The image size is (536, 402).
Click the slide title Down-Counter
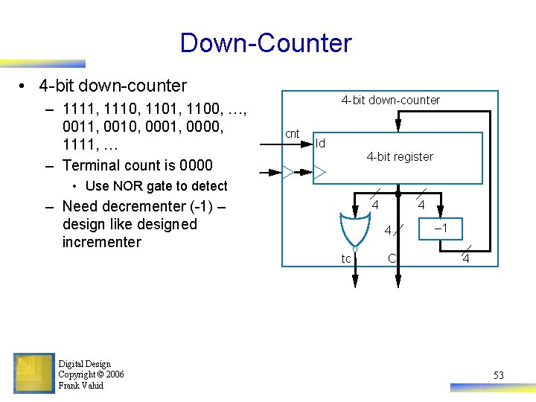coord(265,42)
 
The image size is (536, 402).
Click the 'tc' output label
coord(346,259)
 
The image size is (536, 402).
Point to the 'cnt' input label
coord(293,134)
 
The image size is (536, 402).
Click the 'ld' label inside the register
coord(321,143)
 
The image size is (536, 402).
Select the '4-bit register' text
coord(399,156)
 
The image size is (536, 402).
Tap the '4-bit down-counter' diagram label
coord(390,100)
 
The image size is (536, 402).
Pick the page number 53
coord(498,375)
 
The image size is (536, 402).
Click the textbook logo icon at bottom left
coord(33,372)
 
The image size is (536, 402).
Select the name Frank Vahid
coord(80,386)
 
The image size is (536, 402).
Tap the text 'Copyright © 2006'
coord(91,374)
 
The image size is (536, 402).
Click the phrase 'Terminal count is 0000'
coord(138,165)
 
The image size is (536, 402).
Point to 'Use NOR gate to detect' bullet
coord(156,186)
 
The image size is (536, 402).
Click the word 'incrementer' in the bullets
coord(101,242)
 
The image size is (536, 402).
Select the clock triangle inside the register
coord(319,173)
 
